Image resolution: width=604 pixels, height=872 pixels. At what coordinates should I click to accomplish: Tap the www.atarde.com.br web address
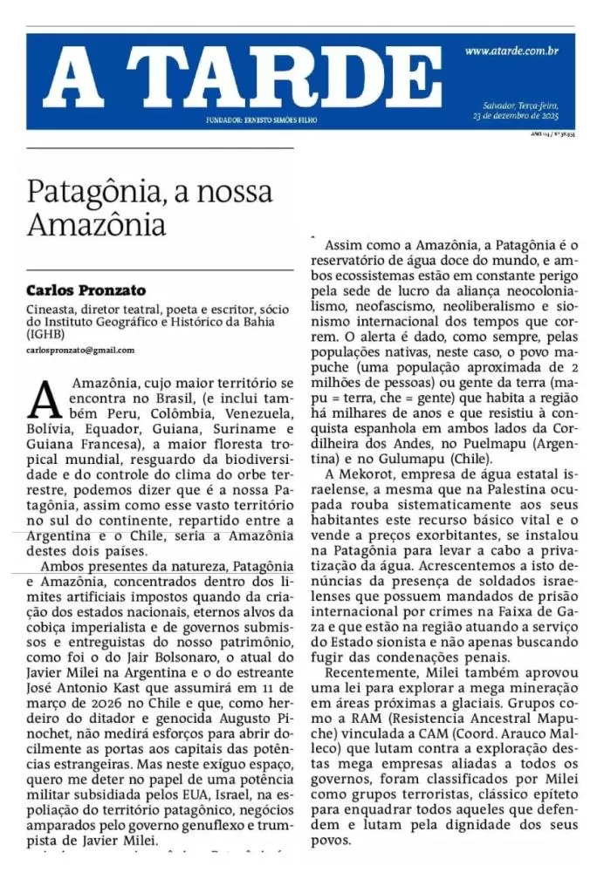pyautogui.click(x=511, y=51)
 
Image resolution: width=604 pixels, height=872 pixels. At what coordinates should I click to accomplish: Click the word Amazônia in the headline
pyautogui.click(x=96, y=224)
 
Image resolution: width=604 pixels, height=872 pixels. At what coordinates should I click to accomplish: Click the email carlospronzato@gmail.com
pyautogui.click(x=80, y=351)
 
